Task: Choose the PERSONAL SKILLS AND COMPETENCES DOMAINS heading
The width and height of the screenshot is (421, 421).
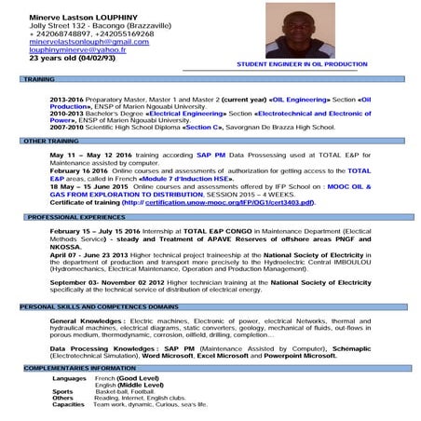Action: coord(98,306)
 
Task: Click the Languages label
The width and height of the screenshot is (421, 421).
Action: coord(70,378)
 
